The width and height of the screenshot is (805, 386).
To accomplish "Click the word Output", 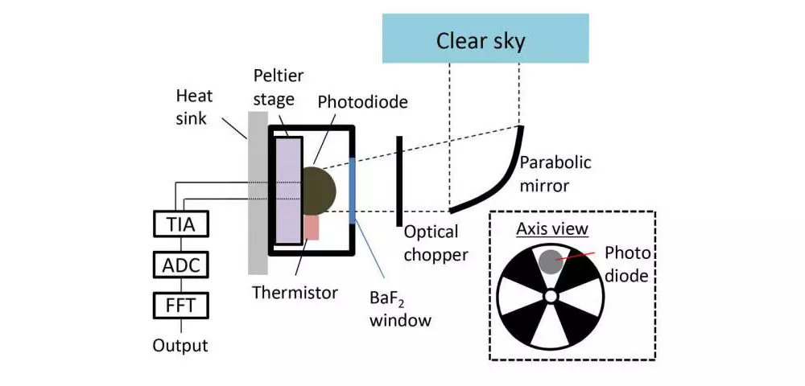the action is (x=180, y=345).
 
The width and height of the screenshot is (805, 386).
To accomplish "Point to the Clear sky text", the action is (x=481, y=41).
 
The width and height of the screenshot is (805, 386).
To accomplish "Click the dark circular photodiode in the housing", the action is (x=318, y=191).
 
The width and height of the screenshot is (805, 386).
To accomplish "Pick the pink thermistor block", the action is (x=312, y=228).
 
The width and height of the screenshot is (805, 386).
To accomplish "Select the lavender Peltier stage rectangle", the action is (x=288, y=190).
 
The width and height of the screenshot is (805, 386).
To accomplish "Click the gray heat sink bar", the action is (x=258, y=193).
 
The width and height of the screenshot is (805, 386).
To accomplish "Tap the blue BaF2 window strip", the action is (x=352, y=191).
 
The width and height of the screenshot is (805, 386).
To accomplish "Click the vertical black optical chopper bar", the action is (x=399, y=181).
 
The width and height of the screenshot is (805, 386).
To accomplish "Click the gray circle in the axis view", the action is (x=550, y=261).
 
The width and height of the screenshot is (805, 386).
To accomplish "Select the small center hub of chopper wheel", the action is (x=551, y=296).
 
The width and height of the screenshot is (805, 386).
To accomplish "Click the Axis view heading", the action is (x=552, y=228).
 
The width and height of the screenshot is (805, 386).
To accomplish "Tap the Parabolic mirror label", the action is (x=555, y=174).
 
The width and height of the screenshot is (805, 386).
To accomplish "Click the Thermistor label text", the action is (x=295, y=293).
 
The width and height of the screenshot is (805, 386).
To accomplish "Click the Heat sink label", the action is (x=194, y=107).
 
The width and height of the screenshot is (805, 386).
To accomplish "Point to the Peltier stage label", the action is (x=279, y=87).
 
